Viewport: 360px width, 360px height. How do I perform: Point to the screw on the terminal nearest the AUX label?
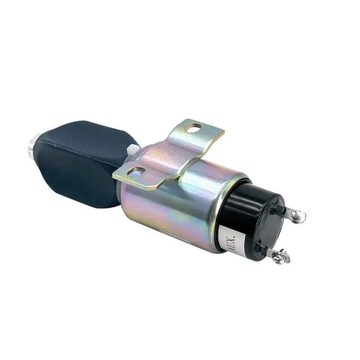[280, 257]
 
